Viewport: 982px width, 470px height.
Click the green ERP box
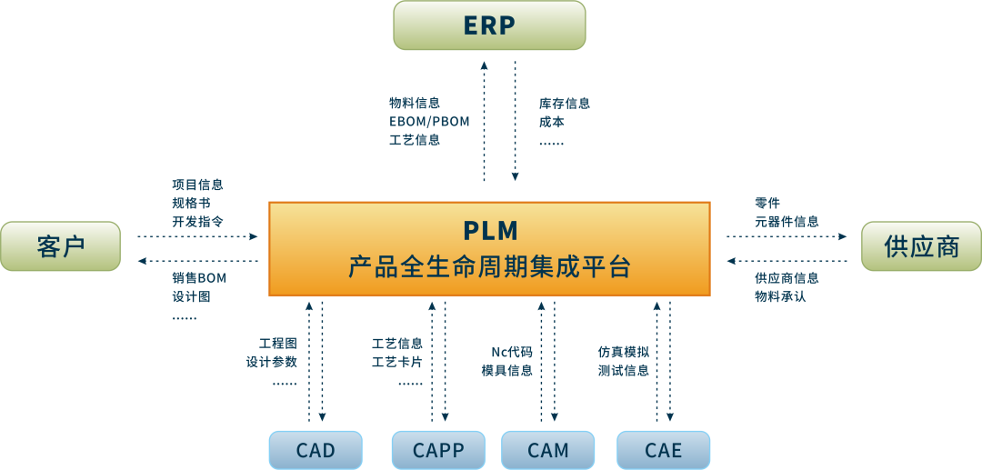[x=489, y=25]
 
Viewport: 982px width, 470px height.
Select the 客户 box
[x=60, y=246]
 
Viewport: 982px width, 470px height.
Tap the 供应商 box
[x=921, y=246]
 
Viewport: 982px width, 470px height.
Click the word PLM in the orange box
[x=489, y=229]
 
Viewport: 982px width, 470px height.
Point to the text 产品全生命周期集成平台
[x=489, y=268]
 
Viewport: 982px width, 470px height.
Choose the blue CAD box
[x=316, y=450]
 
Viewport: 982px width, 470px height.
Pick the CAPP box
[x=438, y=450]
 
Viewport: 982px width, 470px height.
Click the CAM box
[x=547, y=450]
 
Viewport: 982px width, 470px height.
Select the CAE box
[x=663, y=450]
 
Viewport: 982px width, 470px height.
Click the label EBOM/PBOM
[x=429, y=121]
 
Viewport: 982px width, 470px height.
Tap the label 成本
[x=552, y=121]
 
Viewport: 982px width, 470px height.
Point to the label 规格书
[x=191, y=203]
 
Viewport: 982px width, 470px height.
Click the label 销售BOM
[x=198, y=277]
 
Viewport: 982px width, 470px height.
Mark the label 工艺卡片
[x=396, y=362]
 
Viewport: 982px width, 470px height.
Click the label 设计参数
[x=271, y=362]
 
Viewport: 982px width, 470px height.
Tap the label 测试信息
[x=623, y=370]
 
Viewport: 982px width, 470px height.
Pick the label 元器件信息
[x=787, y=221]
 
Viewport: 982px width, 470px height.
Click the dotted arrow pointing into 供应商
[x=787, y=236]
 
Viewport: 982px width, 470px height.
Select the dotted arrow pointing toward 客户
[x=198, y=262]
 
